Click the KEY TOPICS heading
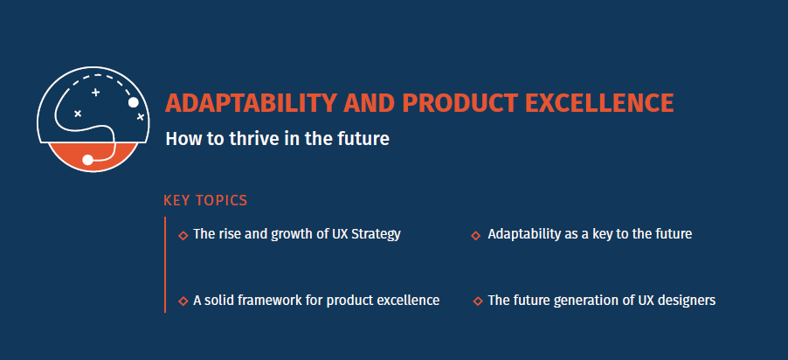(x=205, y=201)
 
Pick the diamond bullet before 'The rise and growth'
(x=183, y=235)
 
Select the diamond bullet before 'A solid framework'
(x=183, y=301)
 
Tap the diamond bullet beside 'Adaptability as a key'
(x=476, y=235)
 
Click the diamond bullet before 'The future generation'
(x=477, y=301)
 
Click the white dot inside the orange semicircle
(x=87, y=160)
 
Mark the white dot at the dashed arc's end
(x=134, y=103)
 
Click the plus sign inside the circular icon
(x=96, y=92)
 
